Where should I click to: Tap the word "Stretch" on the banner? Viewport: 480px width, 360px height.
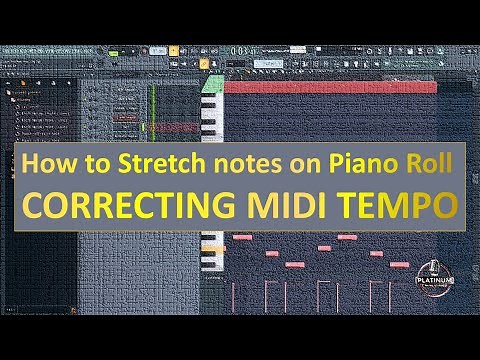149,161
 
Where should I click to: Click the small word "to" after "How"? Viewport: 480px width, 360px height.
93,161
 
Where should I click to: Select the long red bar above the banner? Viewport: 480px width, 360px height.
330,87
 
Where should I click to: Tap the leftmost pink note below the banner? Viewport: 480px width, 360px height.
242,236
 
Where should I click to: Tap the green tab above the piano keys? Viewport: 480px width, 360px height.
206,62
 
